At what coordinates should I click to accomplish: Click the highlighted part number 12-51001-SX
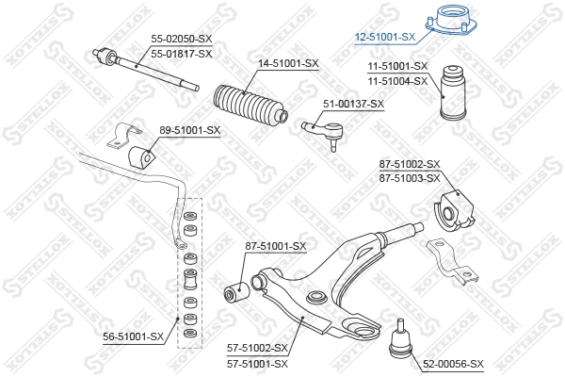click(385, 37)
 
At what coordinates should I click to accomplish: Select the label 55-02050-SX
click(182, 40)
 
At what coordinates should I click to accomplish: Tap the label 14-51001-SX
click(288, 63)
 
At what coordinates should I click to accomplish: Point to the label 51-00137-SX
click(354, 104)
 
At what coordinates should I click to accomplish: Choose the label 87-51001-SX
click(276, 246)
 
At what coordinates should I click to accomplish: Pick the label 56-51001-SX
click(133, 335)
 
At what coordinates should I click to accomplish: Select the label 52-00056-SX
click(452, 364)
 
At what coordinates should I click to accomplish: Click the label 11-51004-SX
click(397, 81)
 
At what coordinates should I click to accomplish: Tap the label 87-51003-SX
click(410, 177)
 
